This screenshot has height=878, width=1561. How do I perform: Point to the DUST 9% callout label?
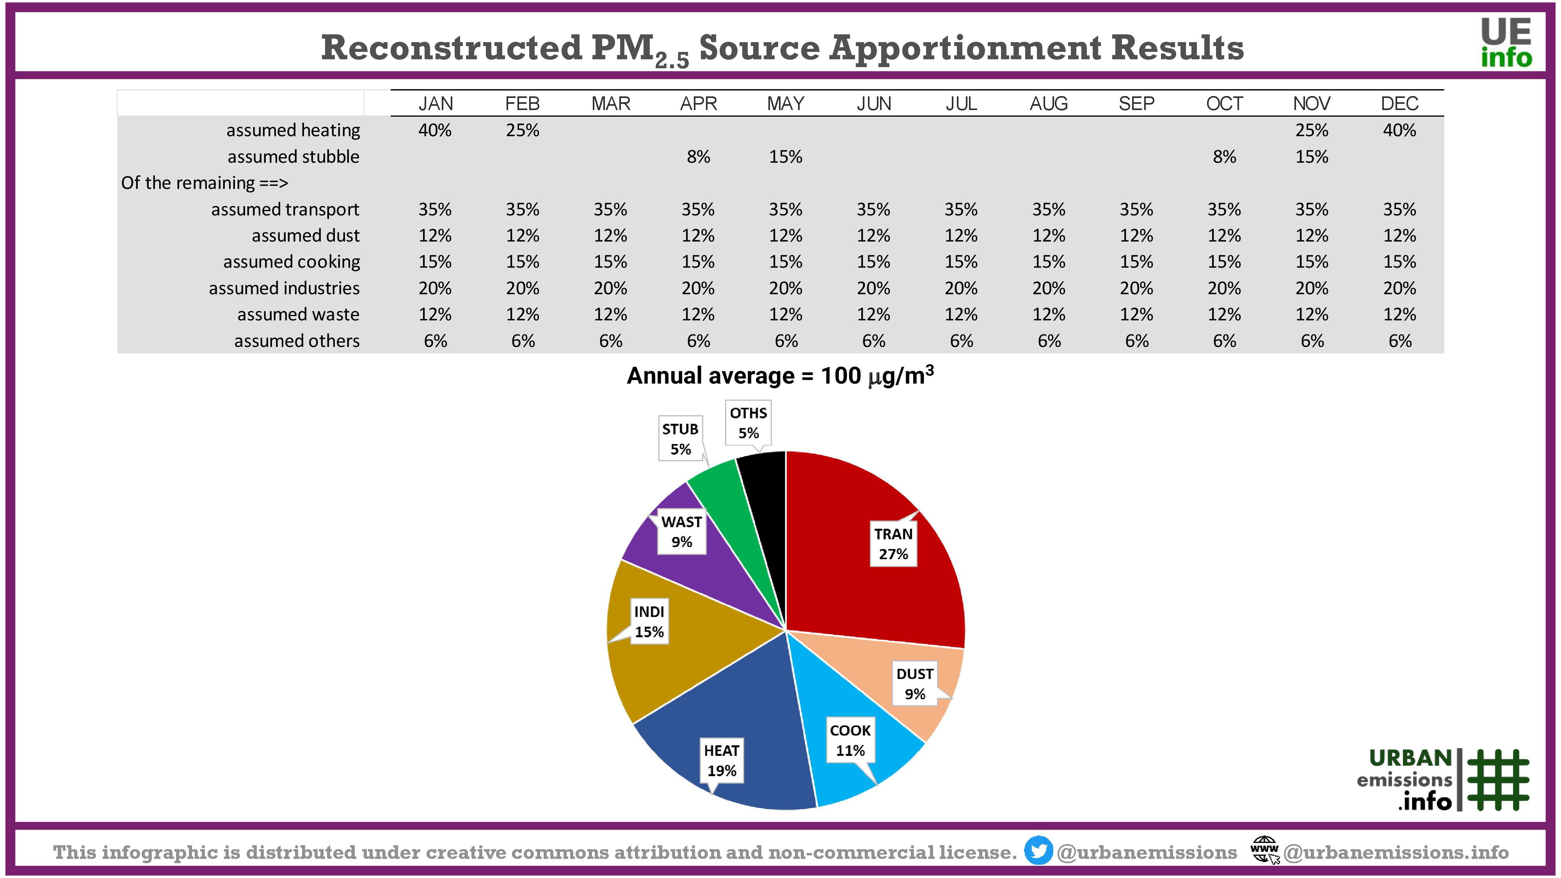914,684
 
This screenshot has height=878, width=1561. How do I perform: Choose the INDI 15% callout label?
649,622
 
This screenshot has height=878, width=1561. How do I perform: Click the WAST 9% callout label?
682,531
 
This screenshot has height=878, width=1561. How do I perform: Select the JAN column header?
436,104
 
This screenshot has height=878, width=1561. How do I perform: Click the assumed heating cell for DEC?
1399,130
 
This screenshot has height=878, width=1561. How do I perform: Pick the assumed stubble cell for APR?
698,157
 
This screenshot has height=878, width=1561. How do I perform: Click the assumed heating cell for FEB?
523,130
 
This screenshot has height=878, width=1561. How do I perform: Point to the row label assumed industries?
284,288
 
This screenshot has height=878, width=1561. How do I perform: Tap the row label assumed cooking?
292,262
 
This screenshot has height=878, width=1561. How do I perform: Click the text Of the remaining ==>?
204,183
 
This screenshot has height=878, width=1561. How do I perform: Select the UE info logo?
1506,43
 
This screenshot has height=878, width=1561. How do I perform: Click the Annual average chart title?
780,376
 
